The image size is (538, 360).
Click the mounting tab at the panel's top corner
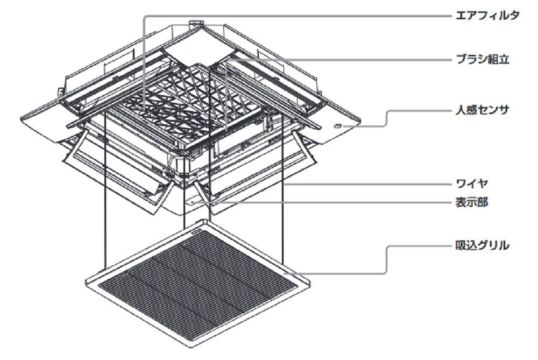194,24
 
